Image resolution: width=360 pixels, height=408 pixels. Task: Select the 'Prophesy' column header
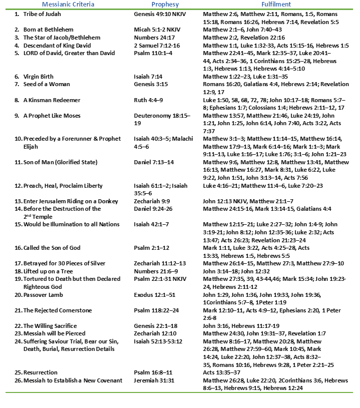click(x=150, y=5)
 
